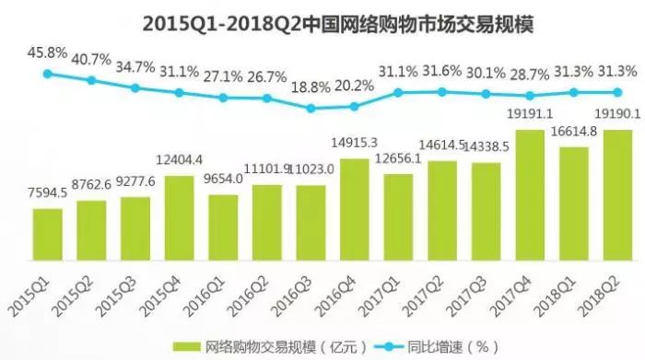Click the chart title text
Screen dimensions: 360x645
(x=322, y=20)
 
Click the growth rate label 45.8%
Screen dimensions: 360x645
(x=47, y=52)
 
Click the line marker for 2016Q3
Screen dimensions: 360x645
(x=311, y=108)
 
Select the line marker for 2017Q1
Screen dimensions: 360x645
(x=399, y=92)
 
